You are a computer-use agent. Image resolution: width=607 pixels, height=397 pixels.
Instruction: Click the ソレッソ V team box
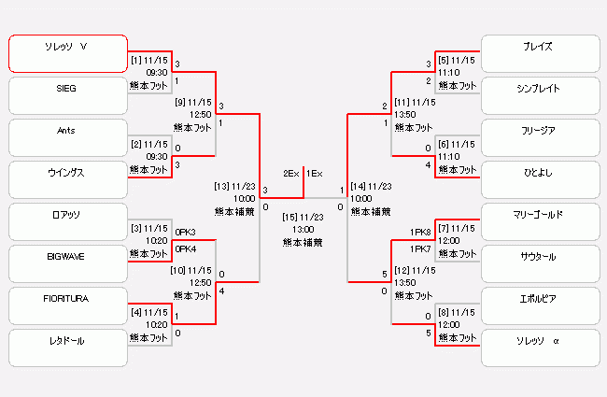67,53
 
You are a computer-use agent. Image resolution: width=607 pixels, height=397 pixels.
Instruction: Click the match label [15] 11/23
303,217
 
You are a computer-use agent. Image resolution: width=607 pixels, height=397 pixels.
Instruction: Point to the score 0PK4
185,249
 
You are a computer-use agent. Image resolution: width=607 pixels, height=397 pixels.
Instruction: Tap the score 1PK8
420,232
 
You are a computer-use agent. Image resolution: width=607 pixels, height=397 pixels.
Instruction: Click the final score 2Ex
291,174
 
